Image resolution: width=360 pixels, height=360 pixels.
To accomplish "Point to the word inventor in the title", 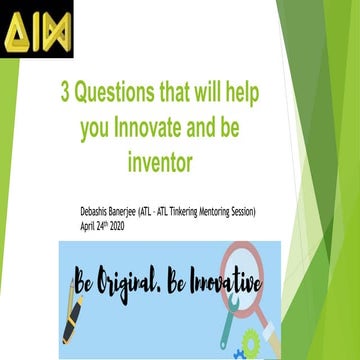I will tap(167, 159).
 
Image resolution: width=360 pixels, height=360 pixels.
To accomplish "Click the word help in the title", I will tap(258, 93).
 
